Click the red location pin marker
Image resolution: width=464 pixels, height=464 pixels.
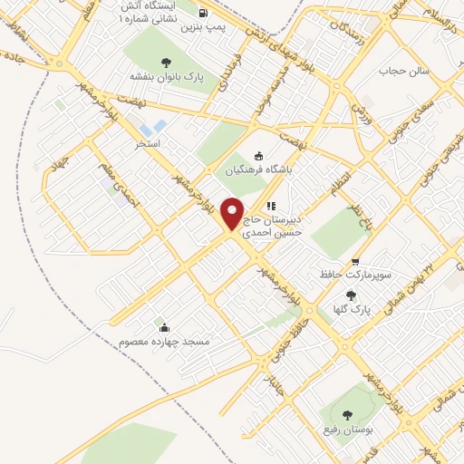[x=234, y=214]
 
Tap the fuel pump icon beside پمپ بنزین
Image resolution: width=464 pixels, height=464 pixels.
[x=201, y=14]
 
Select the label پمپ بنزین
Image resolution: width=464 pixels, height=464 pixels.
[x=201, y=27]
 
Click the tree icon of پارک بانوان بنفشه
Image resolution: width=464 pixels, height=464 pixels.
[x=165, y=63]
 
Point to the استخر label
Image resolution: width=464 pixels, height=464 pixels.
[x=147, y=143]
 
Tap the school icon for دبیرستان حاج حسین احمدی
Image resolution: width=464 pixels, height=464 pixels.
[x=271, y=206]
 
